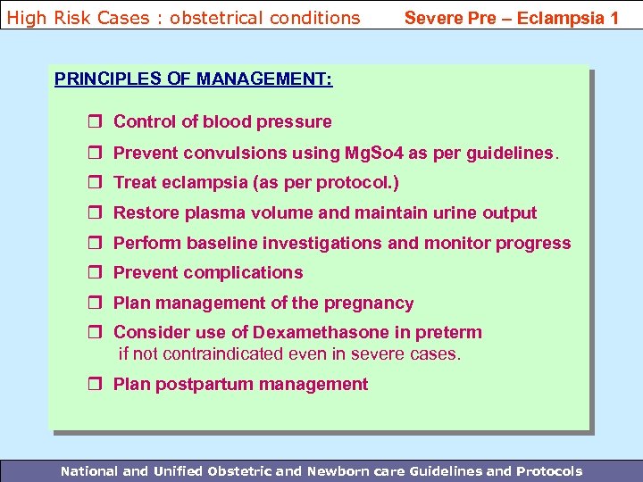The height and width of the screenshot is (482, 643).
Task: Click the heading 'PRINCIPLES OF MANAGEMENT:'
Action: (x=194, y=79)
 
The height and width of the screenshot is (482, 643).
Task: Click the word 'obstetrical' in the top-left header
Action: (x=198, y=17)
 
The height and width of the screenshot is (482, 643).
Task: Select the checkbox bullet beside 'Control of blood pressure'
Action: (x=97, y=122)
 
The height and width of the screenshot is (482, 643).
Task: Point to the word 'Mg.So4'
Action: (x=374, y=153)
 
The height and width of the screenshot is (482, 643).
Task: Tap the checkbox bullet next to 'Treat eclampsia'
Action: (x=97, y=183)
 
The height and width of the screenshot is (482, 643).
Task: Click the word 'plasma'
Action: (x=213, y=213)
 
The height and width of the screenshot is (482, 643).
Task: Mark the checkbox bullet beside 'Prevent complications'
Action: (x=97, y=273)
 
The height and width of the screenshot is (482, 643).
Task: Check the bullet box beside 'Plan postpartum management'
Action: (x=97, y=385)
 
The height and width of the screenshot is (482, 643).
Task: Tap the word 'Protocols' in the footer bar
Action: (x=547, y=470)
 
